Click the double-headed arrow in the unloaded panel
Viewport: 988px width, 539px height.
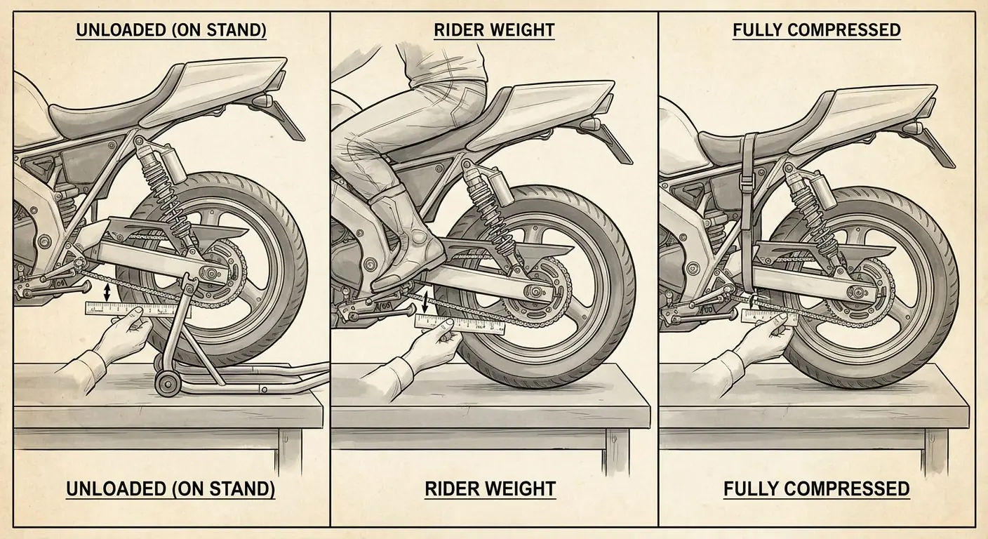(x=106, y=293)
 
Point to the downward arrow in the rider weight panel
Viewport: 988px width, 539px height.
(x=425, y=303)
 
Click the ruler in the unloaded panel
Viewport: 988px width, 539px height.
(x=138, y=310)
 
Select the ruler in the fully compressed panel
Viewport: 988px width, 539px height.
(x=770, y=317)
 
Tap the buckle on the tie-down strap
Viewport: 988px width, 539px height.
(x=745, y=182)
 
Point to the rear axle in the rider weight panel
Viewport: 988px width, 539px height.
(x=537, y=291)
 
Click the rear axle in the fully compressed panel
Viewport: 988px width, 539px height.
(x=858, y=291)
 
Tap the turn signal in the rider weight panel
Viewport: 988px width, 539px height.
(x=589, y=123)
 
